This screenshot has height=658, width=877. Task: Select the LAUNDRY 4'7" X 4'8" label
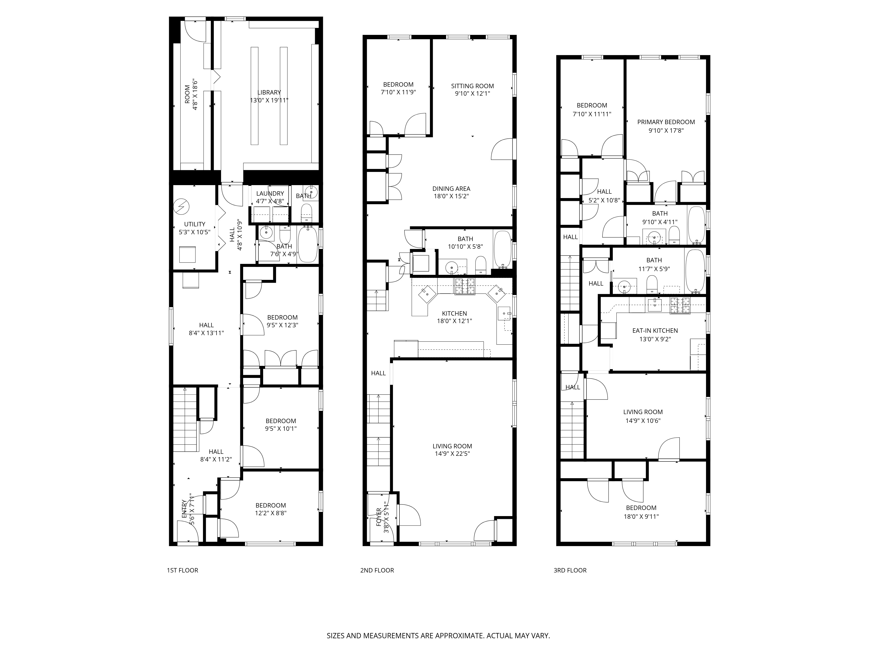(x=270, y=193)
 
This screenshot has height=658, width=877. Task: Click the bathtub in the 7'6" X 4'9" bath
(x=308, y=244)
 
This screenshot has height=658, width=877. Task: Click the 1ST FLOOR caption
(x=182, y=570)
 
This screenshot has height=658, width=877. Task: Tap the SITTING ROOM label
(x=472, y=86)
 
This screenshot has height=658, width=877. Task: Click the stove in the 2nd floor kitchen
(x=465, y=287)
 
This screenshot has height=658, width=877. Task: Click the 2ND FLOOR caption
(x=377, y=570)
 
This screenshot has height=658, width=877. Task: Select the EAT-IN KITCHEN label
(x=655, y=330)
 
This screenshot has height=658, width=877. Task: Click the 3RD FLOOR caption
(x=570, y=570)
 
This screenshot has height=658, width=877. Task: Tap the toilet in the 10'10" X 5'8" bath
(x=481, y=265)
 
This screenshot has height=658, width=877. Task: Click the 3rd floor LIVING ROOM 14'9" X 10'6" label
(x=643, y=416)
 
